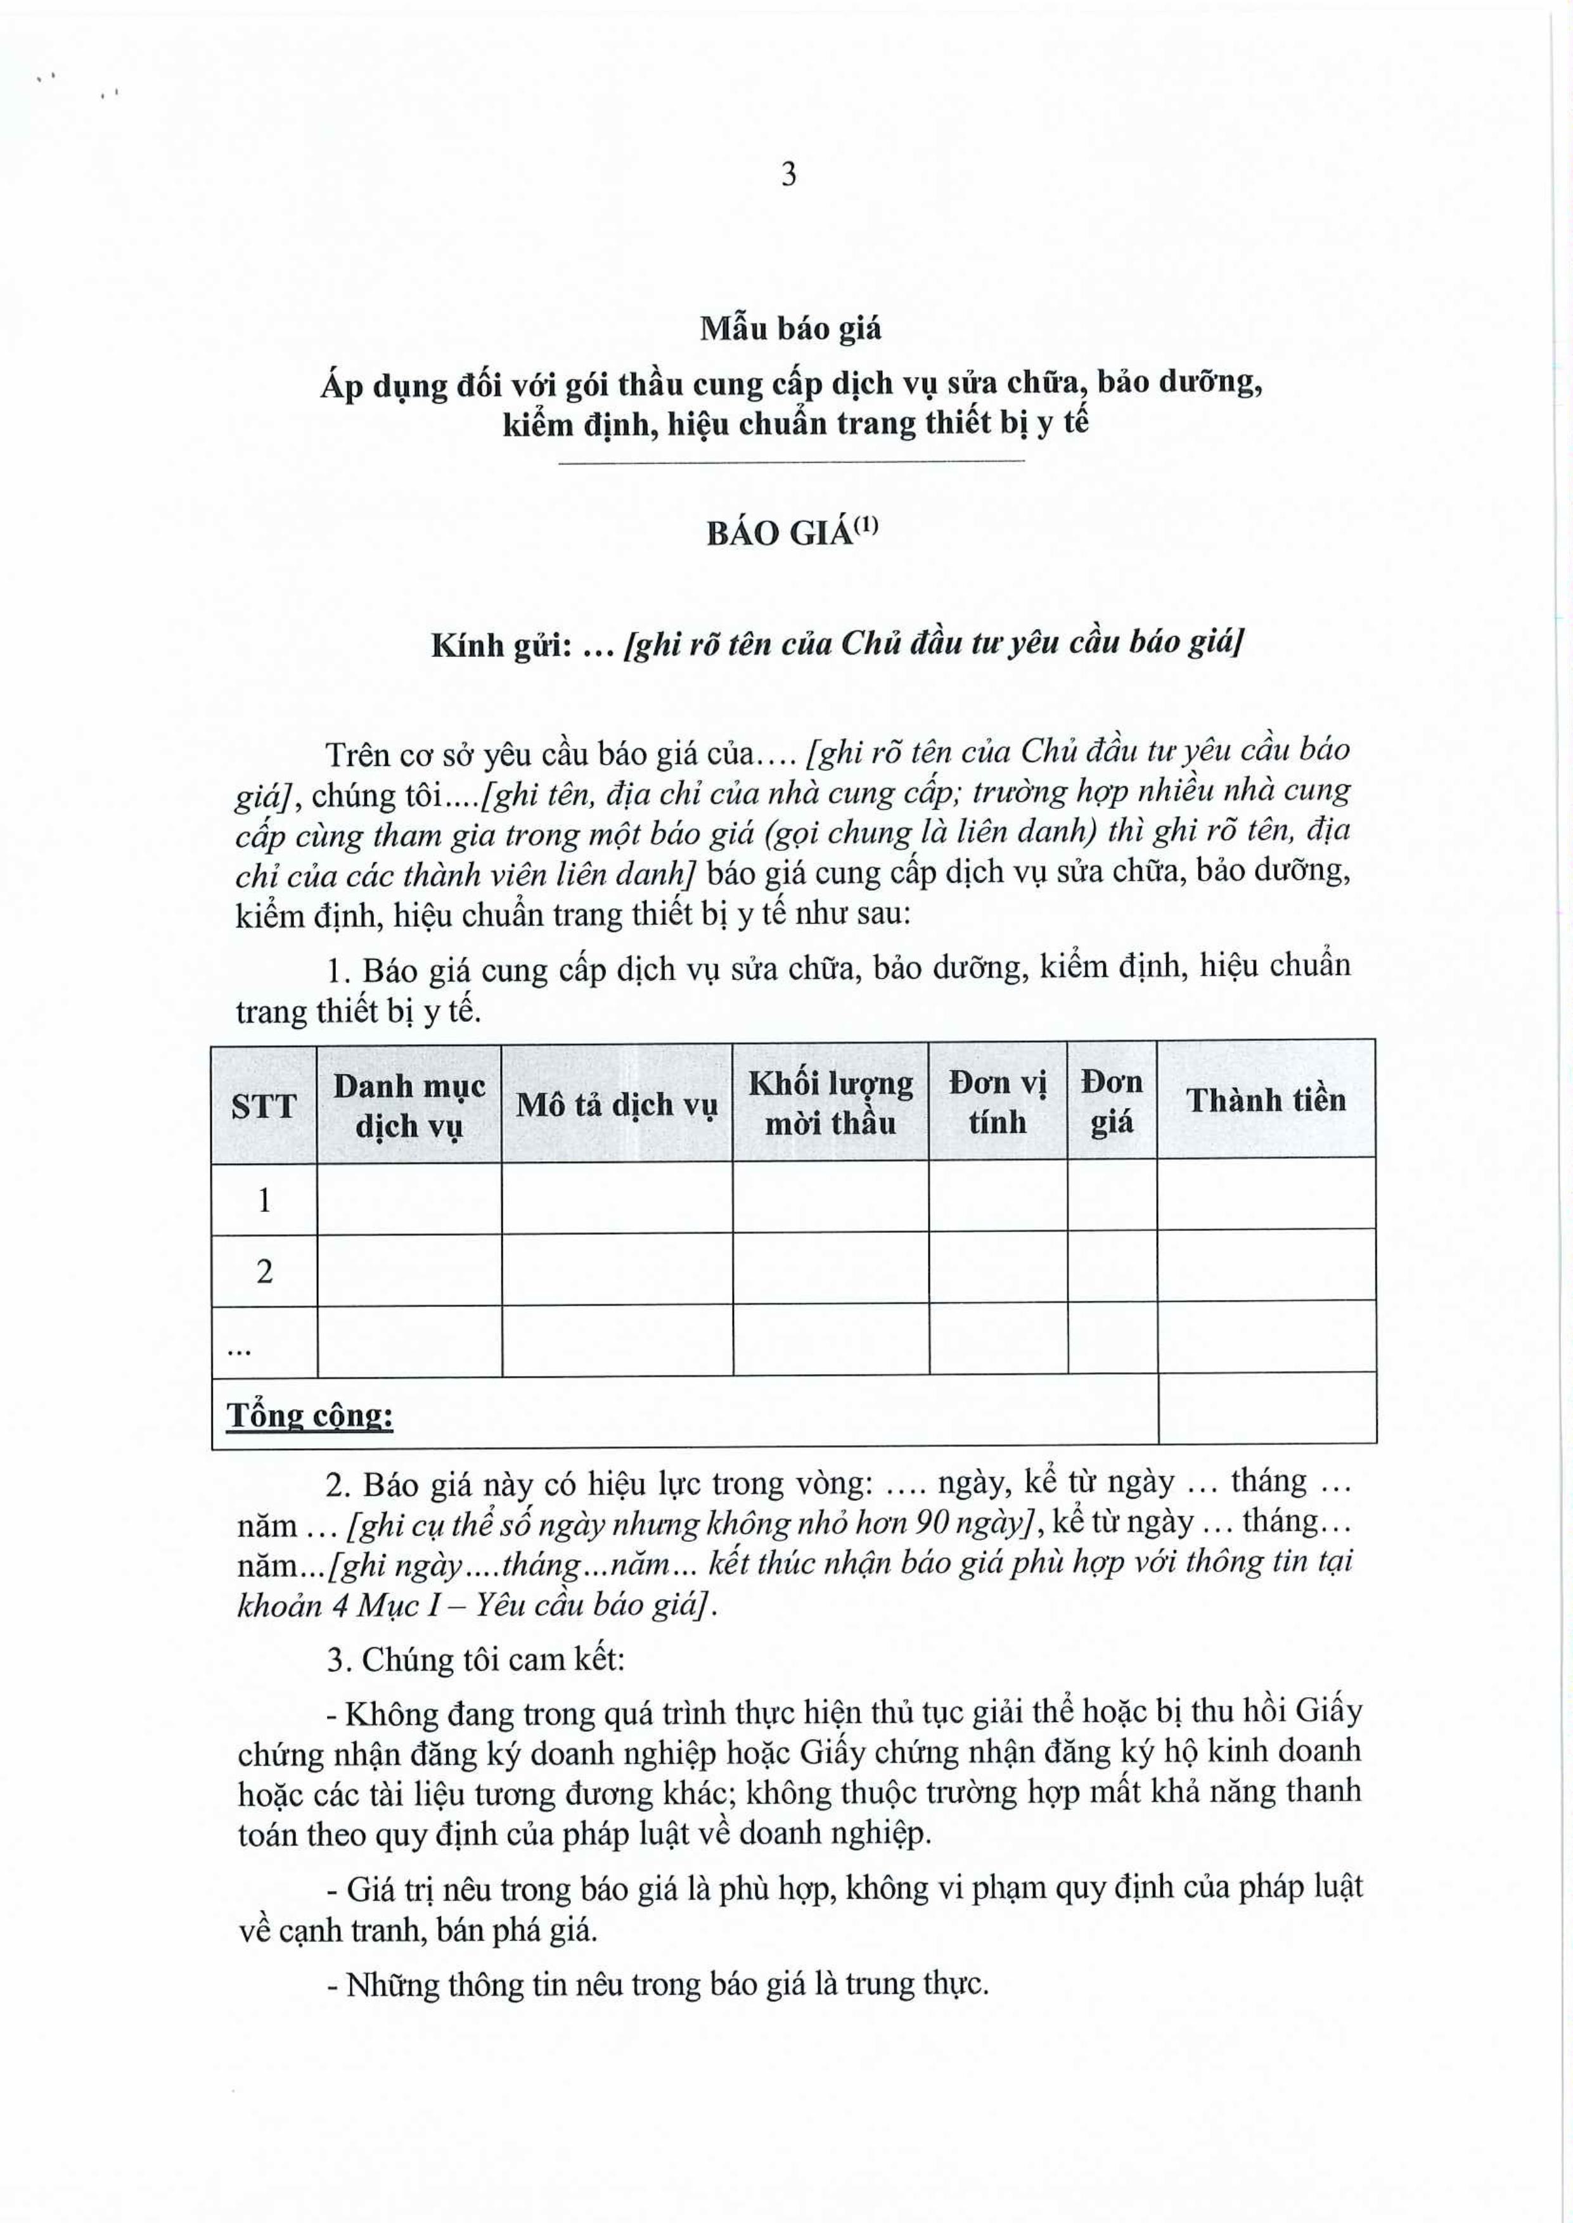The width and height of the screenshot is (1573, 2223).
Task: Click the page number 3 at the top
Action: tap(788, 175)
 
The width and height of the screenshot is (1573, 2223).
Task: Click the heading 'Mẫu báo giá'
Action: tap(790, 329)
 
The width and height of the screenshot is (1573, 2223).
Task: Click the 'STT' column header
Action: tap(264, 1105)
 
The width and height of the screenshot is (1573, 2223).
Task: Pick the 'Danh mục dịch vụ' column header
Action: tap(409, 1105)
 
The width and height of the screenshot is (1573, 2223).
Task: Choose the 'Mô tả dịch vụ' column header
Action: tap(616, 1105)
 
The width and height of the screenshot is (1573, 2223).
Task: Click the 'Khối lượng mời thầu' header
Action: tap(830, 1104)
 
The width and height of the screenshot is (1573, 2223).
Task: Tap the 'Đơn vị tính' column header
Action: tap(998, 1103)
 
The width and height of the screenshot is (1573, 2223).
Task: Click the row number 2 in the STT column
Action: tap(264, 1272)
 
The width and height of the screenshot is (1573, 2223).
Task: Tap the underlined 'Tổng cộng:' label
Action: tap(310, 1417)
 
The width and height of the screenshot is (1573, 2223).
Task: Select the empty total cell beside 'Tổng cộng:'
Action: tap(1267, 1409)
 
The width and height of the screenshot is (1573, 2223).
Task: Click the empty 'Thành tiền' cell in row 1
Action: tap(1266, 1195)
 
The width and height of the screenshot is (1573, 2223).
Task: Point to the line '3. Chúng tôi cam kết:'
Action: tap(475, 1660)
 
